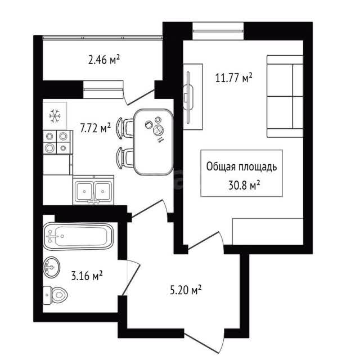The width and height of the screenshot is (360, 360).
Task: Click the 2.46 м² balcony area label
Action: click(104, 60)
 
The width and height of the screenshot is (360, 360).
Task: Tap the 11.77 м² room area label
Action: click(233, 78)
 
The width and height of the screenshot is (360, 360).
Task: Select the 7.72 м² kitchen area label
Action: click(95, 128)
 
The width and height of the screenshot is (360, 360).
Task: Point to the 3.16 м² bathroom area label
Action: click(87, 276)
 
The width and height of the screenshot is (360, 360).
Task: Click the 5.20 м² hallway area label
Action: click(186, 290)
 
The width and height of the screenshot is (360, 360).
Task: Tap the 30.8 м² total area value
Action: click(244, 185)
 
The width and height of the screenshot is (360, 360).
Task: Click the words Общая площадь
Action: click(241, 166)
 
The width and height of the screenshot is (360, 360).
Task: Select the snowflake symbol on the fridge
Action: click(55, 115)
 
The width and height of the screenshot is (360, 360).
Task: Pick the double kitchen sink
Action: click(93, 190)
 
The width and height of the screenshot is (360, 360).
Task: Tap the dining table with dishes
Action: click(154, 142)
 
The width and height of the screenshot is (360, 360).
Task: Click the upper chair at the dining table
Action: click(125, 128)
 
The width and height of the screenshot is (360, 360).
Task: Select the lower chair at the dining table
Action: click(125, 158)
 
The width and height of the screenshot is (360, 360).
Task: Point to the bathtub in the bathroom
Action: click(78, 236)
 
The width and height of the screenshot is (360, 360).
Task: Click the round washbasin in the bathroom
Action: click(51, 267)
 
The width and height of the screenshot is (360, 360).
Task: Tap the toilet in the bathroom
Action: click(55, 295)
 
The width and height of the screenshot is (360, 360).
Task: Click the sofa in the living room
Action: click(285, 96)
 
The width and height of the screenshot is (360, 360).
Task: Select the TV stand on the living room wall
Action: click(193, 97)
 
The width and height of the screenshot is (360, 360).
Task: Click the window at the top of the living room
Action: click(218, 31)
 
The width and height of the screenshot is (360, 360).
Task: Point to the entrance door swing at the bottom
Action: click(202, 342)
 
